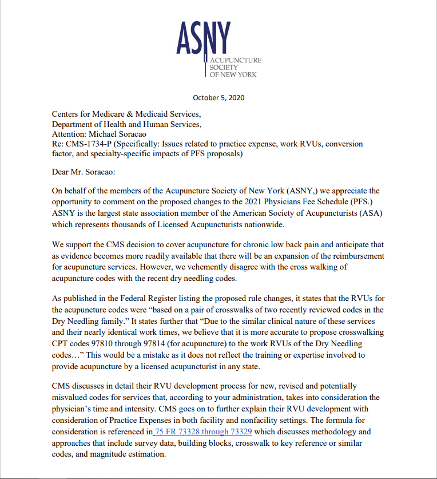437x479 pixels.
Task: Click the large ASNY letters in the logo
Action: [204, 37]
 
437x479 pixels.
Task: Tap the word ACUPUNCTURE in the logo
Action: [236, 60]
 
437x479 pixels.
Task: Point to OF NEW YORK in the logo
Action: [234, 75]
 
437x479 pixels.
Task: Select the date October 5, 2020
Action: [218, 97]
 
